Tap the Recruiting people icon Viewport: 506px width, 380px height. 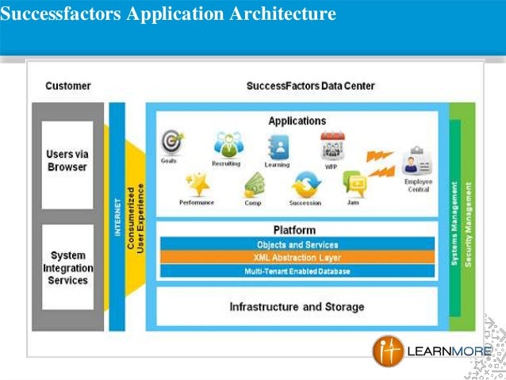[x=227, y=144]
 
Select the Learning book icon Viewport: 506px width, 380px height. [x=278, y=145]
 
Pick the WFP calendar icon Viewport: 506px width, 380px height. [x=332, y=145]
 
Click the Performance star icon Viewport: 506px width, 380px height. [x=196, y=184]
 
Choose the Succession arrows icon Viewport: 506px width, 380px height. [x=305, y=184]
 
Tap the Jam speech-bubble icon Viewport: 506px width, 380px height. [x=354, y=184]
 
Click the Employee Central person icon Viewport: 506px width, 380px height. [x=412, y=163]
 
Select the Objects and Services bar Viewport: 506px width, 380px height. [x=297, y=244]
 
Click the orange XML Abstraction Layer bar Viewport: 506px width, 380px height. [x=297, y=258]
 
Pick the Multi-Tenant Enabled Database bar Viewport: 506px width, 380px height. [x=297, y=271]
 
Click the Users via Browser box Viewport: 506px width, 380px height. [x=67, y=161]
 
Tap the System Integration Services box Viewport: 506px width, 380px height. [x=67, y=268]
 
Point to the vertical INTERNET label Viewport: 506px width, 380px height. [x=116, y=213]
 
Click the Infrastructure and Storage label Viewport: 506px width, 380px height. [x=297, y=306]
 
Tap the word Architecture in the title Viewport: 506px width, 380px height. [x=273, y=13]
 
